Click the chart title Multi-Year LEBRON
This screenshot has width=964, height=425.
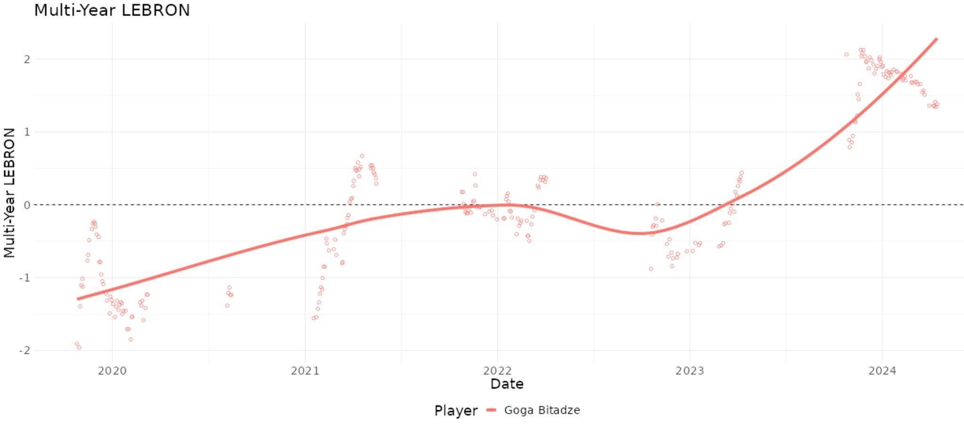pyautogui.click(x=112, y=10)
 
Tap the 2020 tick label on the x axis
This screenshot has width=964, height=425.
pyautogui.click(x=112, y=371)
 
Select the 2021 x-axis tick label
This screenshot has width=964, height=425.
pyautogui.click(x=305, y=371)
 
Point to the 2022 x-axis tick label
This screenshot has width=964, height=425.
pyautogui.click(x=497, y=371)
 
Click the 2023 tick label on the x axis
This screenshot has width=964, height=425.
pyautogui.click(x=690, y=371)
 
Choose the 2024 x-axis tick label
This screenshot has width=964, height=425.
pyautogui.click(x=882, y=371)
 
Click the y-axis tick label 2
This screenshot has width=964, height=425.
pyautogui.click(x=27, y=59)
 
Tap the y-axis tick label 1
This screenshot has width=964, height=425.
pyautogui.click(x=27, y=132)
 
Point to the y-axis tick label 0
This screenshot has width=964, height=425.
pyautogui.click(x=27, y=205)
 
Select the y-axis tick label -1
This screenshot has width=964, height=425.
pyautogui.click(x=24, y=278)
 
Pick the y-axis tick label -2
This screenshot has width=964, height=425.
pyautogui.click(x=24, y=351)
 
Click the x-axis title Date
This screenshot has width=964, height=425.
pyautogui.click(x=507, y=384)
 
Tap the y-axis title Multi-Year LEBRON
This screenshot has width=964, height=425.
pyautogui.click(x=9, y=193)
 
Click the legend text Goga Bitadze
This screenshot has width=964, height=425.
pyautogui.click(x=542, y=410)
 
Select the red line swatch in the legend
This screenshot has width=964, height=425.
pyautogui.click(x=491, y=410)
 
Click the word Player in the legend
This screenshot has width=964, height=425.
pyautogui.click(x=456, y=410)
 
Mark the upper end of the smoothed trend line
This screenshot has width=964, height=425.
pyautogui.click(x=936, y=39)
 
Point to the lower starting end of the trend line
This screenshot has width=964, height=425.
pyautogui.click(x=78, y=299)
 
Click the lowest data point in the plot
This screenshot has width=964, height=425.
pyautogui.click(x=79, y=347)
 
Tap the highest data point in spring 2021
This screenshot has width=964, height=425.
pyautogui.click(x=362, y=156)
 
